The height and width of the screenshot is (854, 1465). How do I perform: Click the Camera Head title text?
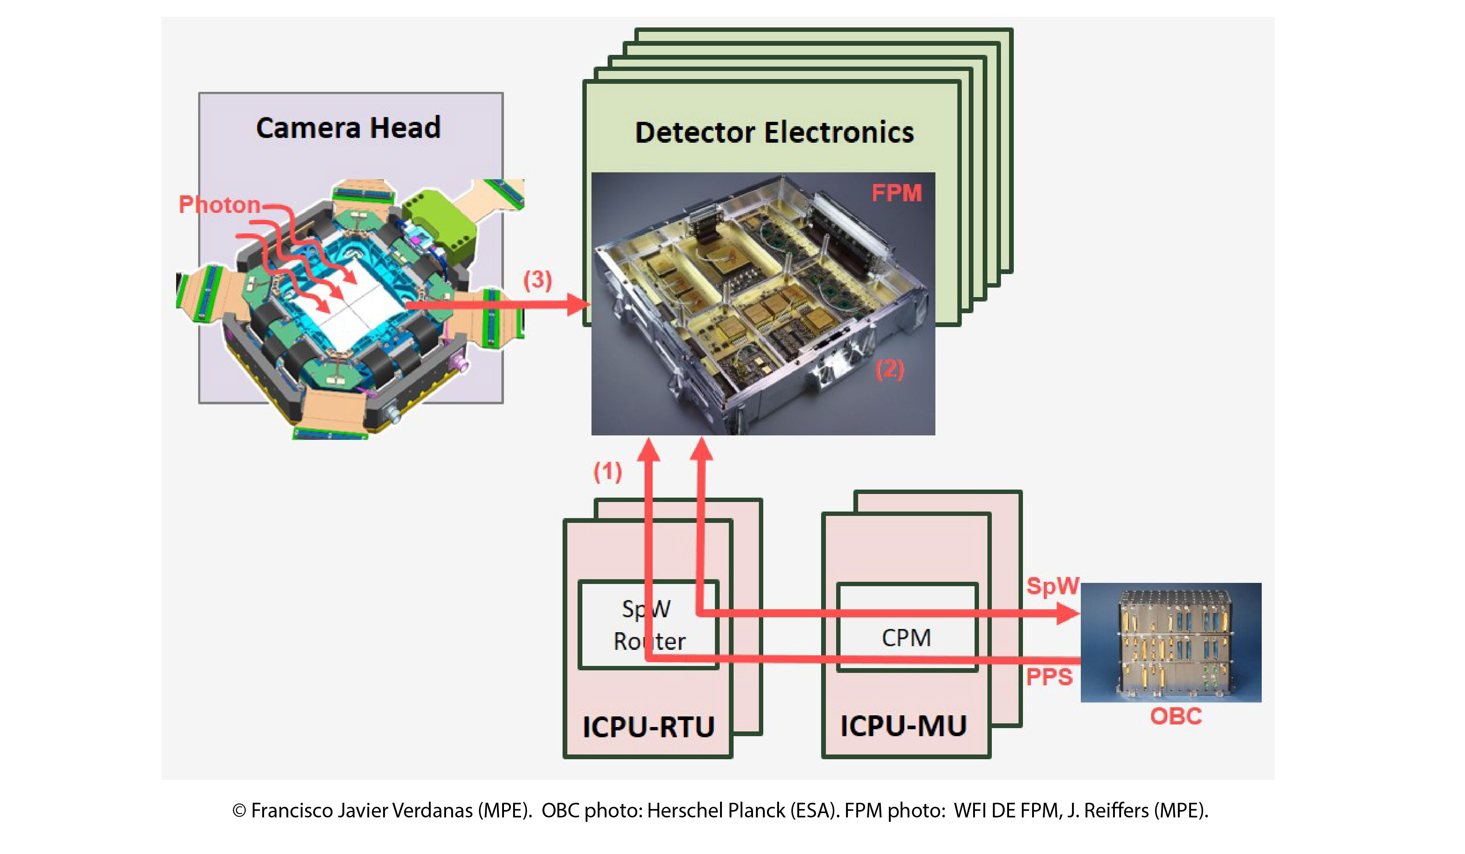[348, 128]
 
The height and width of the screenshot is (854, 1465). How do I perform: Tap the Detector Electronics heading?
[774, 132]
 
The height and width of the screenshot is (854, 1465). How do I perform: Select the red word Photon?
[219, 205]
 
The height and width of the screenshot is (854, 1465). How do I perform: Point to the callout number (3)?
[537, 280]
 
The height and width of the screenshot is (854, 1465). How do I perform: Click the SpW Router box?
[649, 625]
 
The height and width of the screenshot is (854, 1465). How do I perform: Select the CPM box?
[906, 637]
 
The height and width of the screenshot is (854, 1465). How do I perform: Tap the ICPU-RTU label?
[648, 727]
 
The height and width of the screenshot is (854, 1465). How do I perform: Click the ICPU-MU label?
[904, 726]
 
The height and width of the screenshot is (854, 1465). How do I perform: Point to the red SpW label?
[1052, 585]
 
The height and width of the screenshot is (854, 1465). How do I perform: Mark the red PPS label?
[1049, 677]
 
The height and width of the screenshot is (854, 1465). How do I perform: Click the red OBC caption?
[1176, 716]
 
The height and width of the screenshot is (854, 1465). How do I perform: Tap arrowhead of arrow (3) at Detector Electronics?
[578, 304]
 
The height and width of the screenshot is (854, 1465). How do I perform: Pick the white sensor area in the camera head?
[355, 302]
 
